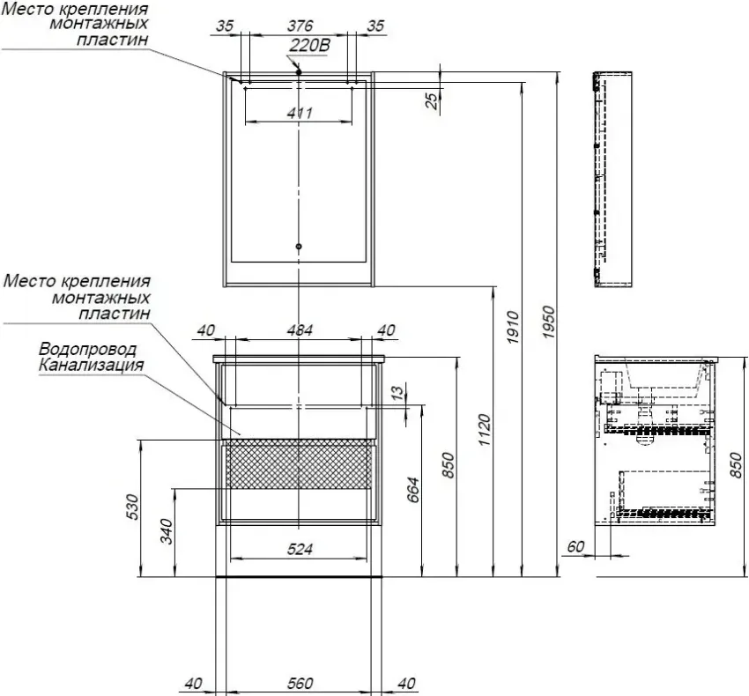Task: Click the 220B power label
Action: (309, 46)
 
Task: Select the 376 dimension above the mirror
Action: (300, 26)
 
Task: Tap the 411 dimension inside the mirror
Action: (300, 114)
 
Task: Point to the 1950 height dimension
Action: (549, 322)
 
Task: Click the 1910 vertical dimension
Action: (513, 327)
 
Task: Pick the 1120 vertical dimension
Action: (485, 430)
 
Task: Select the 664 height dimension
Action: (412, 490)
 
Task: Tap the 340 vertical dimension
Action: (167, 531)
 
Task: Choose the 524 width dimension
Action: (300, 550)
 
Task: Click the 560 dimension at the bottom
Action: (300, 684)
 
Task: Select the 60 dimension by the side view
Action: (575, 546)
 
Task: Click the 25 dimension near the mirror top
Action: (432, 100)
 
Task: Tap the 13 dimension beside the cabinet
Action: (397, 392)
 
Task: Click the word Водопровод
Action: (87, 349)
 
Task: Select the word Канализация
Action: (91, 366)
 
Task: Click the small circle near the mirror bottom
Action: (299, 247)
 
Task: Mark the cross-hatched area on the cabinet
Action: (298, 464)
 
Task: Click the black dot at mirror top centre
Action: (299, 72)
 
